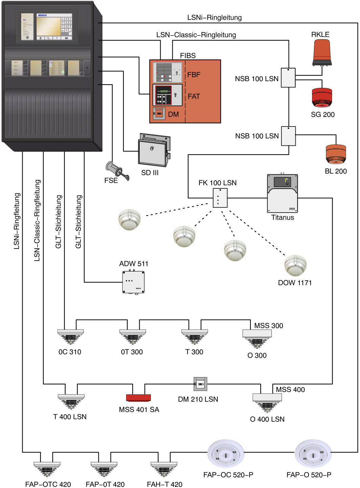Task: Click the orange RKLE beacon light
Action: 321,52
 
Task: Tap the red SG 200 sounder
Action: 322,97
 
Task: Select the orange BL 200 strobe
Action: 336,154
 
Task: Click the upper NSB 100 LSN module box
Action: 288,78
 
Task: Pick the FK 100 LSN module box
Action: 220,198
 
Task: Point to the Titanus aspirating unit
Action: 282,193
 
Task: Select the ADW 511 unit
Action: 134,282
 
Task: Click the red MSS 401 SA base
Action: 138,398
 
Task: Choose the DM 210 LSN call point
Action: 200,384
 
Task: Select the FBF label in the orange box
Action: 194,75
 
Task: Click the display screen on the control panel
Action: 48,26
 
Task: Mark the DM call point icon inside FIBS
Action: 159,114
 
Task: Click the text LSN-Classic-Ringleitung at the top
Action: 196,35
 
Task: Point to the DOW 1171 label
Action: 295,283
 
